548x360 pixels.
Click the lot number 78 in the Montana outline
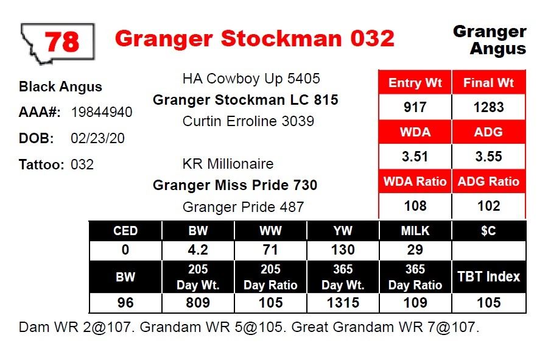(62, 41)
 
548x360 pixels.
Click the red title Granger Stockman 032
(255, 38)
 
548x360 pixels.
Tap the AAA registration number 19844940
(102, 112)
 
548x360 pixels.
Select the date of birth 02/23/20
(97, 138)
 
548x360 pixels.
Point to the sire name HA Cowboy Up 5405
(251, 79)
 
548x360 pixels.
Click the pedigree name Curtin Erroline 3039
(248, 121)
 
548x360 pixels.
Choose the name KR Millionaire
(228, 164)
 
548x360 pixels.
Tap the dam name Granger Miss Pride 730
(235, 185)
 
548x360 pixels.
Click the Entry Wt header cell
(415, 82)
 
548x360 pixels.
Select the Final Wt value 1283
(488, 107)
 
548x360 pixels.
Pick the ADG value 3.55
(488, 156)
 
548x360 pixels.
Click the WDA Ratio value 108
(415, 205)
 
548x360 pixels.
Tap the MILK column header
(415, 231)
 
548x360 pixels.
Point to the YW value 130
(343, 250)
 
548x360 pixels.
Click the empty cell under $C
(488, 250)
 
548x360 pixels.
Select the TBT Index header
(488, 277)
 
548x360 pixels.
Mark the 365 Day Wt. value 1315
(343, 302)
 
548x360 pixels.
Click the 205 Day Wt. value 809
(198, 302)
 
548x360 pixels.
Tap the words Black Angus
(60, 86)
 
